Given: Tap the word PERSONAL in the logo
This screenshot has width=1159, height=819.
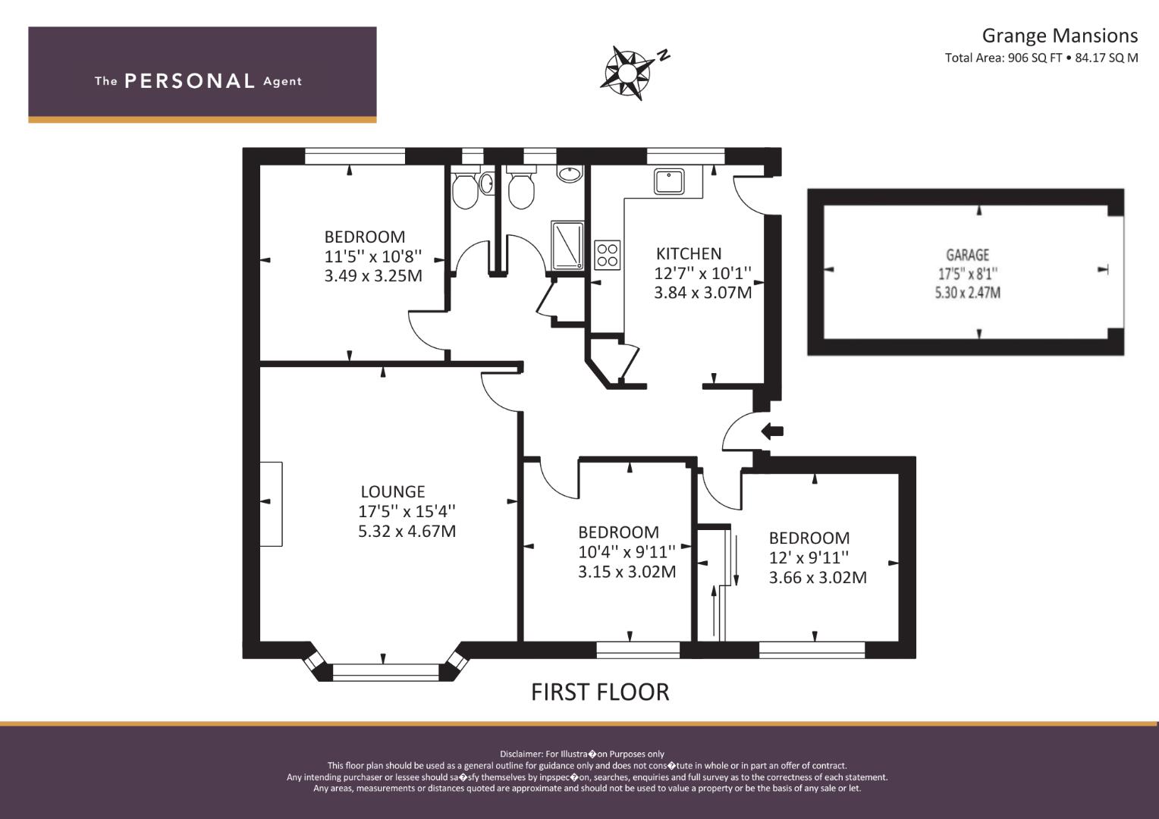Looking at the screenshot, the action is coord(190,81).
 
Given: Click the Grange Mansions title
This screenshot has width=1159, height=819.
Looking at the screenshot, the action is coord(1060,36).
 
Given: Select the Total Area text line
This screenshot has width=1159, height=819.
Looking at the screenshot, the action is coord(1041,58).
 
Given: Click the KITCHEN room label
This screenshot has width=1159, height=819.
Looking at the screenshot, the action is coord(689,253).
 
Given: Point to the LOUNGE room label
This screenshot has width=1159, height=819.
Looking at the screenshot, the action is coord(393,491).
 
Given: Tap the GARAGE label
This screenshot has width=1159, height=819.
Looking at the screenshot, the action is coord(968,255).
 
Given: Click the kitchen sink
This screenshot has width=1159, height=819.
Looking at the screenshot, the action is coord(668,181).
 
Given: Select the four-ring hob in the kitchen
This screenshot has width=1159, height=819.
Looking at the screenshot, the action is coord(607,255).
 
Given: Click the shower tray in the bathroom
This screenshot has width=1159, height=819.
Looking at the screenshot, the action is coord(567,245).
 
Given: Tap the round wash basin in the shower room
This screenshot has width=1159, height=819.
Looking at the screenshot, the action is coord(570,173).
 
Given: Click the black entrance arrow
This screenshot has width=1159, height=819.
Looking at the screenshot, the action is coord(772,431).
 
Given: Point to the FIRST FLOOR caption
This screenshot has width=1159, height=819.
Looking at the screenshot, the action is coord(600,692).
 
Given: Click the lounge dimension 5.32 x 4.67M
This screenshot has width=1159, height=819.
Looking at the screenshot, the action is coord(407,532).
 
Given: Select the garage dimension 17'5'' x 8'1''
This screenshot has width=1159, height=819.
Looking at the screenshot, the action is coord(968,274).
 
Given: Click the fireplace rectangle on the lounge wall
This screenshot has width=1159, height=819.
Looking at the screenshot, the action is coord(271,504).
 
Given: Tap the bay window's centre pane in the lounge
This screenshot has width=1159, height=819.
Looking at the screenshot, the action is coord(385,672).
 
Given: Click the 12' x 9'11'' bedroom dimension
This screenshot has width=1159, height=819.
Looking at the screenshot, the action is coord(809,557).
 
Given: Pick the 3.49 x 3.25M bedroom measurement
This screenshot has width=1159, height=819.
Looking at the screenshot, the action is coord(373,276).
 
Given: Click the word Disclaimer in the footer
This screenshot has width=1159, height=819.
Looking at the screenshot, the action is coord(520,755).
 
